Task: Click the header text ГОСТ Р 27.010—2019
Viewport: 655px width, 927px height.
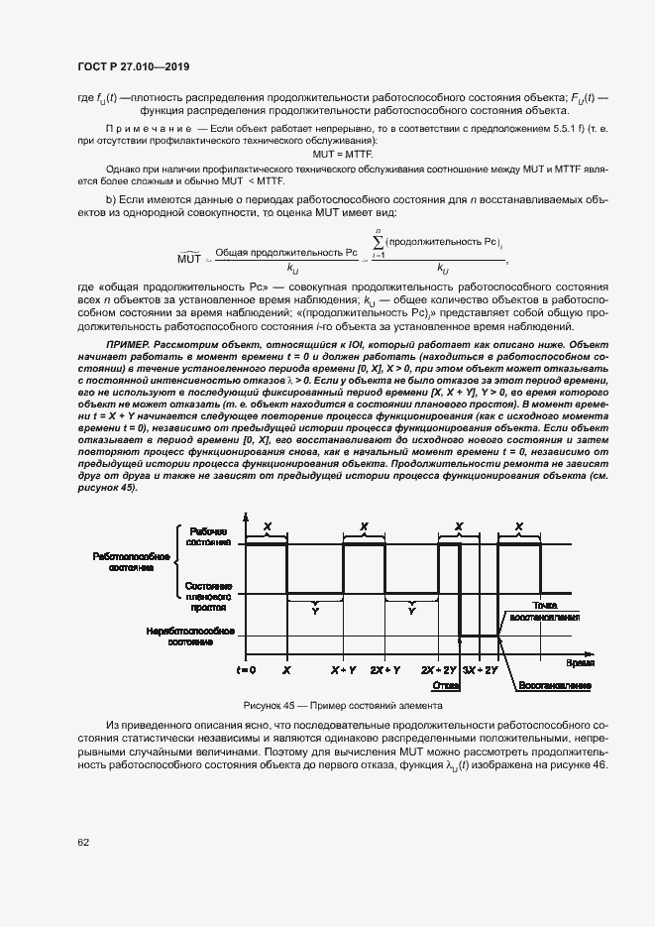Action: pos(133,66)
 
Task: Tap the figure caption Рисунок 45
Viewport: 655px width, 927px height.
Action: pos(342,706)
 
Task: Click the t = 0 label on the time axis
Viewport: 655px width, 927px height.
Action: pos(246,671)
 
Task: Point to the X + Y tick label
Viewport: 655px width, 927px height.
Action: pos(343,671)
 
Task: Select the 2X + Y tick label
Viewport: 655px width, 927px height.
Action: pos(385,671)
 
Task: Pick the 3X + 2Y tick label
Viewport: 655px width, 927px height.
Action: pos(482,671)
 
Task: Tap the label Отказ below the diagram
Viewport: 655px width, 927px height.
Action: pos(443,685)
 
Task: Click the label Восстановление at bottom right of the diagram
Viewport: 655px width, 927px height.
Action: pos(553,685)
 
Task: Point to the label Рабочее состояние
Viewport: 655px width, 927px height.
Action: pos(208,537)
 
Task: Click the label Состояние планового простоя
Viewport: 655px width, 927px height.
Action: pos(208,594)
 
